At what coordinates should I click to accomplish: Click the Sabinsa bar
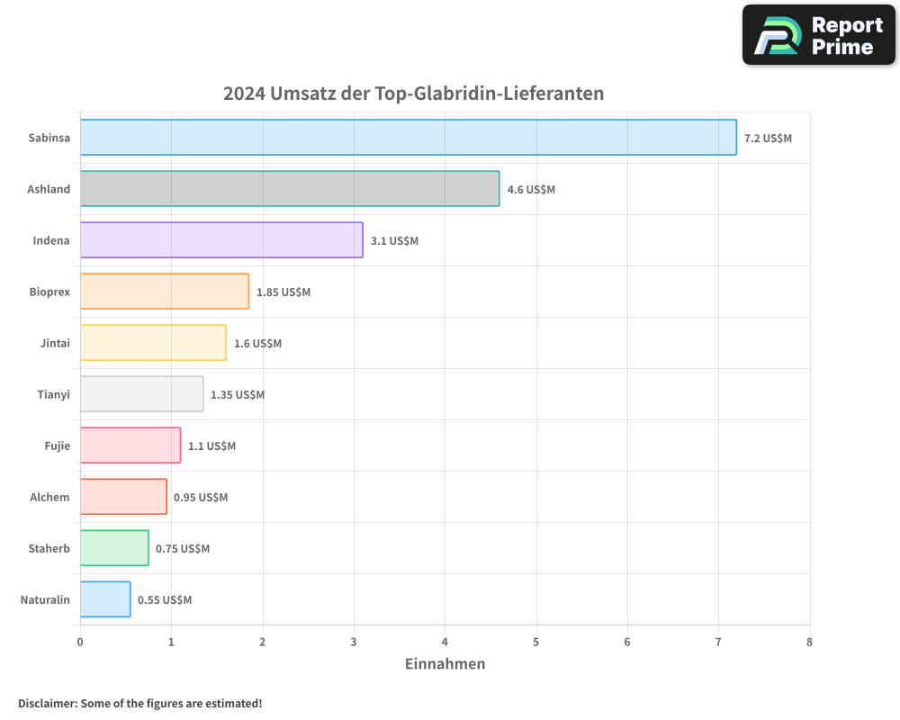[x=408, y=138]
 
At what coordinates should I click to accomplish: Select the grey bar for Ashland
[x=290, y=189]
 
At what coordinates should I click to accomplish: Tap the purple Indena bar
[x=221, y=240]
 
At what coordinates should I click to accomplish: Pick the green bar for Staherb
[x=114, y=548]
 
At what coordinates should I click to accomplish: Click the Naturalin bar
[x=105, y=599]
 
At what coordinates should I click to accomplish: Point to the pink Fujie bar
[x=130, y=445]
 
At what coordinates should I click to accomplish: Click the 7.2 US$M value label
[x=768, y=138]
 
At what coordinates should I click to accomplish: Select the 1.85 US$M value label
[x=283, y=292]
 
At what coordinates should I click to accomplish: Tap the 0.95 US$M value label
[x=201, y=497]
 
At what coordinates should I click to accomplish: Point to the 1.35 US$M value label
[x=238, y=394]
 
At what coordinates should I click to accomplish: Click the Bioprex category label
[x=49, y=292]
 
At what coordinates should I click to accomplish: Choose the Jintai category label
[x=55, y=343]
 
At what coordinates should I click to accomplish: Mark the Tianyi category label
[x=54, y=394]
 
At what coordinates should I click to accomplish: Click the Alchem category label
[x=49, y=497]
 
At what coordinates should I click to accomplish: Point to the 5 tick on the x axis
[x=536, y=642]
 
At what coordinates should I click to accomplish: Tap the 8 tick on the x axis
[x=809, y=642]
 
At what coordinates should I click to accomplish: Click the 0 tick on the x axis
[x=80, y=642]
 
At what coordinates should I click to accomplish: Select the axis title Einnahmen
[x=445, y=664]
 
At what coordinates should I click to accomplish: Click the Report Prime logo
[x=818, y=35]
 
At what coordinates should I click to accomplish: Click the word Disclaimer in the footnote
[x=47, y=703]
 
